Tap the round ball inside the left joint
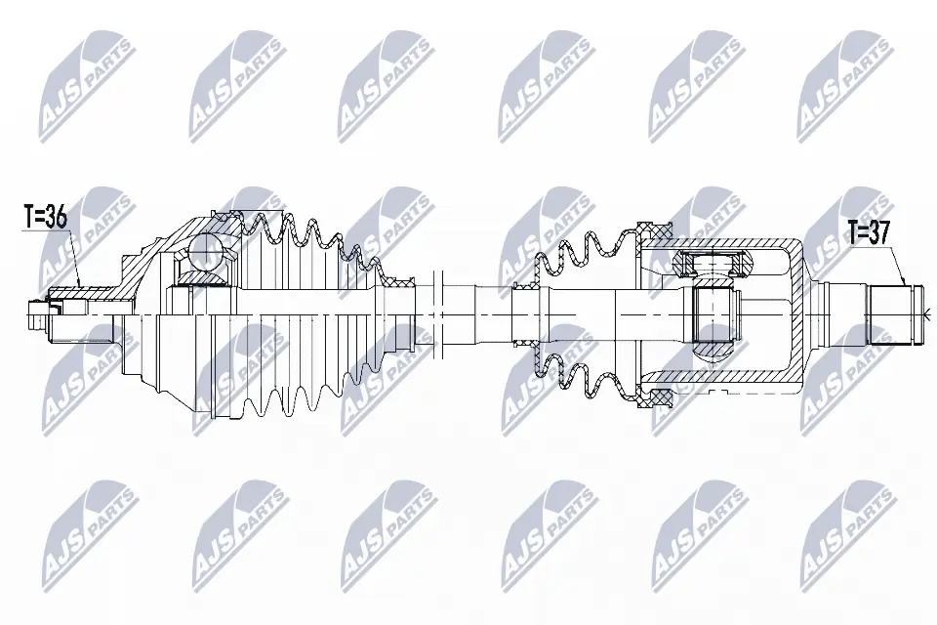click(206, 252)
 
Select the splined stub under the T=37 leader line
click(895, 313)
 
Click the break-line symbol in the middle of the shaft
click(440, 312)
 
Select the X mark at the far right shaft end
click(928, 313)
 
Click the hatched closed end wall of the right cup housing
click(802, 312)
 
